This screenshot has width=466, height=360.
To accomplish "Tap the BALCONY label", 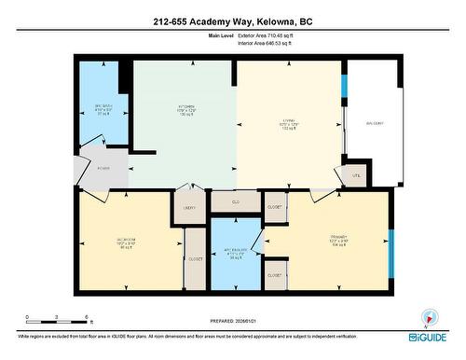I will (x=374, y=123).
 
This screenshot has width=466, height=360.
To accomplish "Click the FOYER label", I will (x=103, y=169).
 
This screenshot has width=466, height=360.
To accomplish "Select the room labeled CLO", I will (x=236, y=201).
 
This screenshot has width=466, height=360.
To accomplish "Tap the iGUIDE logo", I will (x=430, y=335).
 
